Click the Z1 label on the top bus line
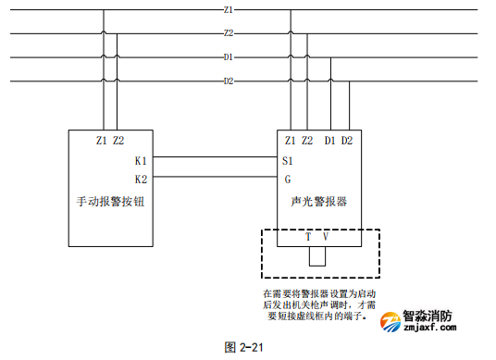[x=228, y=9]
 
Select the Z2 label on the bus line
[x=228, y=33]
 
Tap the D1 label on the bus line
[x=228, y=57]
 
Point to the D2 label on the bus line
[x=228, y=81]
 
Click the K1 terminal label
[x=141, y=160]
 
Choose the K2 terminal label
[x=141, y=179]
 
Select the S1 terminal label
[x=289, y=160]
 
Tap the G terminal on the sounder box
[x=287, y=179]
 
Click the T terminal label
[x=308, y=237]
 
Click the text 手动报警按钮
[x=108, y=201]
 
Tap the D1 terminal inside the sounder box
[x=330, y=141]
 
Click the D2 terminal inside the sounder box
[x=347, y=141]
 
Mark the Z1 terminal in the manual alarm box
[x=101, y=141]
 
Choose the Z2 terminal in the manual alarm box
[x=118, y=141]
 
